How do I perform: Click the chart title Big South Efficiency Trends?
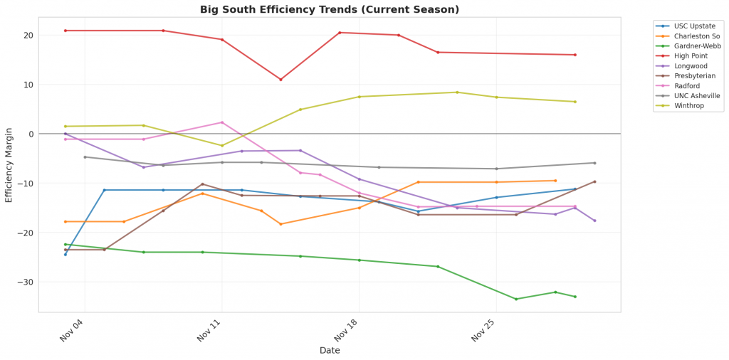tap(330, 10)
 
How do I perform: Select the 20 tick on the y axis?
tap(28, 36)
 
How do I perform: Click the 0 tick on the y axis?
tap(31, 134)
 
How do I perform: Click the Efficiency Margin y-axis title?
tap(9, 165)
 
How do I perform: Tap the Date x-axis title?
tap(330, 351)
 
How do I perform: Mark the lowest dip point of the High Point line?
tap(280, 80)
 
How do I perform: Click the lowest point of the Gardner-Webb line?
tap(516, 299)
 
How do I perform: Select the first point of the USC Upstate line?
tap(65, 254)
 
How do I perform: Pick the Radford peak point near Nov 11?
tap(222, 122)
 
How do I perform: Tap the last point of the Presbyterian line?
tap(594, 181)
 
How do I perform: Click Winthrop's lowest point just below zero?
tap(221, 146)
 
